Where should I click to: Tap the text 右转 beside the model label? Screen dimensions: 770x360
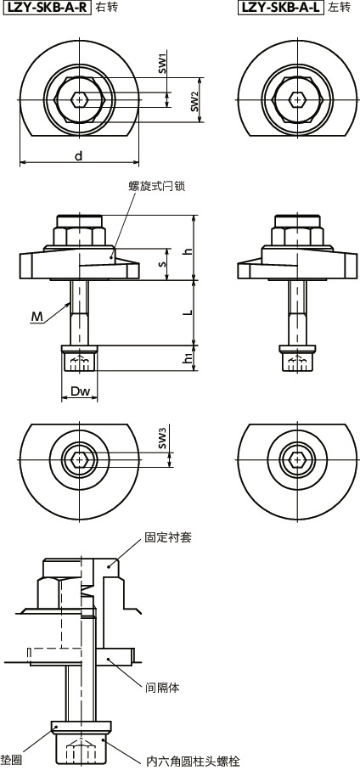[107, 8]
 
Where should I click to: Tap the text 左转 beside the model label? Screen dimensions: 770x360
[339, 8]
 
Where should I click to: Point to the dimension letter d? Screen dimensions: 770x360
[78, 155]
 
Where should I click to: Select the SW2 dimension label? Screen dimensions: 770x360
[194, 103]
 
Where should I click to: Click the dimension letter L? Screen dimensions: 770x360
[188, 311]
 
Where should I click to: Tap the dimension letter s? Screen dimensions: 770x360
[164, 264]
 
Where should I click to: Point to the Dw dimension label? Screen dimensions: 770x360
[80, 392]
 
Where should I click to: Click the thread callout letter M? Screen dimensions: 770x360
[37, 317]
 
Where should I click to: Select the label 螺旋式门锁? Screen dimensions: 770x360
[155, 187]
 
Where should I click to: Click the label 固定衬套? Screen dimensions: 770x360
[168, 538]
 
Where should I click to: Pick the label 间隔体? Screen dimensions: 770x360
[161, 687]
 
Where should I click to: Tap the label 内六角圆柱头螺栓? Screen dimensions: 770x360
[186, 762]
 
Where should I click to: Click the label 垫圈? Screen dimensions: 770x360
[10, 762]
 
